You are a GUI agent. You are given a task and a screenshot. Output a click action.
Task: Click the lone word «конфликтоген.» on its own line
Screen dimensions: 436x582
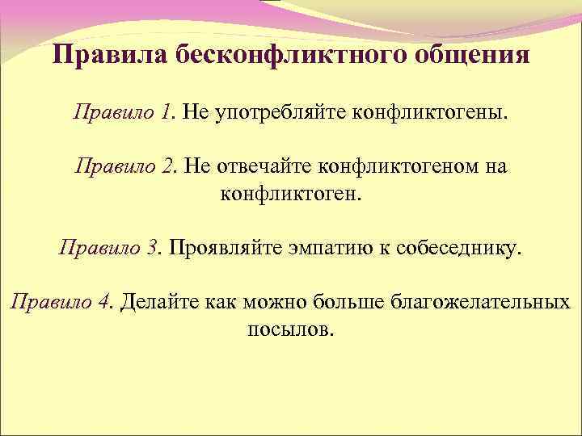tap(291, 194)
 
